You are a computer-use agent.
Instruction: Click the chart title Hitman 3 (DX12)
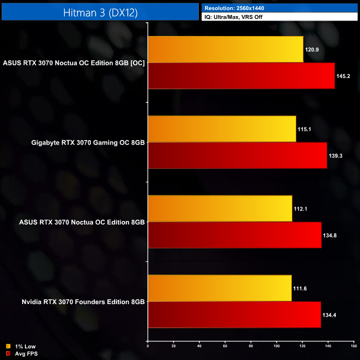point(99,11)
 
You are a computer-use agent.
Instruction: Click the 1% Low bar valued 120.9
point(225,50)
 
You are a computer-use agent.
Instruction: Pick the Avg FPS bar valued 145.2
point(241,76)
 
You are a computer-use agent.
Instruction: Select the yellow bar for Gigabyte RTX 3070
point(222,129)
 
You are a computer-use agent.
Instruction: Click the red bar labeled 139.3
point(238,156)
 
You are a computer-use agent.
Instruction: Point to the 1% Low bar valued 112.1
point(220,209)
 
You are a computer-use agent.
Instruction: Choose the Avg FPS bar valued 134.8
point(235,235)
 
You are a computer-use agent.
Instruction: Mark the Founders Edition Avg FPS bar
point(234,315)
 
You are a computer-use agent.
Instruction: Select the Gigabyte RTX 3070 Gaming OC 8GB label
point(89,142)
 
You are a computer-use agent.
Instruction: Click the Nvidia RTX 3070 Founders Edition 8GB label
point(84,302)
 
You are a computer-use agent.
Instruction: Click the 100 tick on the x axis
point(276,347)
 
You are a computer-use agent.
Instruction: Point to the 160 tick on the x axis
point(353,347)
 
